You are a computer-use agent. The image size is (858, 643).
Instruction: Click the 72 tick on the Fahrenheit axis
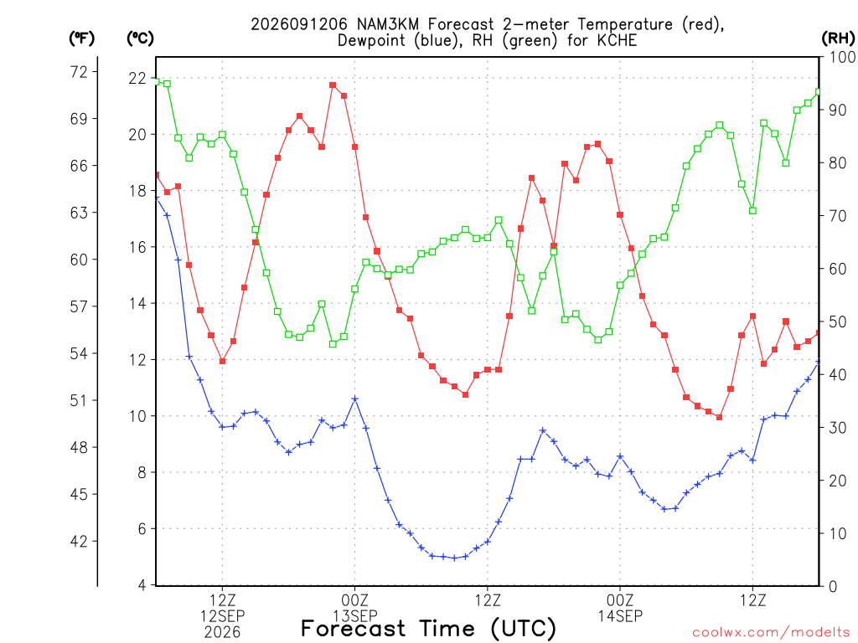point(80,72)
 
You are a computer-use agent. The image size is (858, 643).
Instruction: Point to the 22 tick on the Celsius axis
point(137,78)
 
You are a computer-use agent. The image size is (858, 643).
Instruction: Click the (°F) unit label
point(81,39)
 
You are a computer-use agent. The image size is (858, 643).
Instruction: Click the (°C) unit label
point(140,39)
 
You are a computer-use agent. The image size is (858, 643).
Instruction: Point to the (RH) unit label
point(838,39)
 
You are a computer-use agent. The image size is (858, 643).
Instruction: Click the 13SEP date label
point(355,616)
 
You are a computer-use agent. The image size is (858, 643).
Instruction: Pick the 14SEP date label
point(620,616)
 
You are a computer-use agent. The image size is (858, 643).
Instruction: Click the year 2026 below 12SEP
point(222,633)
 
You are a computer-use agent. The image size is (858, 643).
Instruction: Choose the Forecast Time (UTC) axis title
point(428,629)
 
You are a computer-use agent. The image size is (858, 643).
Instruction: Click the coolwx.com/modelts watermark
point(771,633)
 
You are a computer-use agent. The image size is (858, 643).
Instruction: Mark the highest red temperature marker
point(333,85)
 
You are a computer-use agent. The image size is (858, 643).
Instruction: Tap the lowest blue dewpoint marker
point(454,558)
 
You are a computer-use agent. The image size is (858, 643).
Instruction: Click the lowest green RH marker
point(333,344)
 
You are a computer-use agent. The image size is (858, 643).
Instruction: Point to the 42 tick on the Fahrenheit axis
point(80,542)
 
